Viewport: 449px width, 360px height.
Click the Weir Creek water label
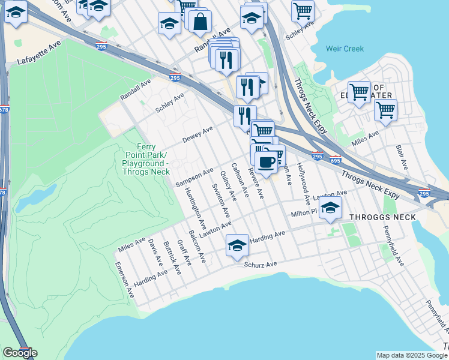345,49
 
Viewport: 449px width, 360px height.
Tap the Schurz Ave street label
261,264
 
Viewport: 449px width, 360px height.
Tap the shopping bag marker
199,21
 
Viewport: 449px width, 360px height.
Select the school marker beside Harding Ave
238,245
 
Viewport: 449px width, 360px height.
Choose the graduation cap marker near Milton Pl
330,208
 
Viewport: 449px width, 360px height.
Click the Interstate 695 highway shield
335,161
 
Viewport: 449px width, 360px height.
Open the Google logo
20,352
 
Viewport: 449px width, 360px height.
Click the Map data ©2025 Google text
412,355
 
